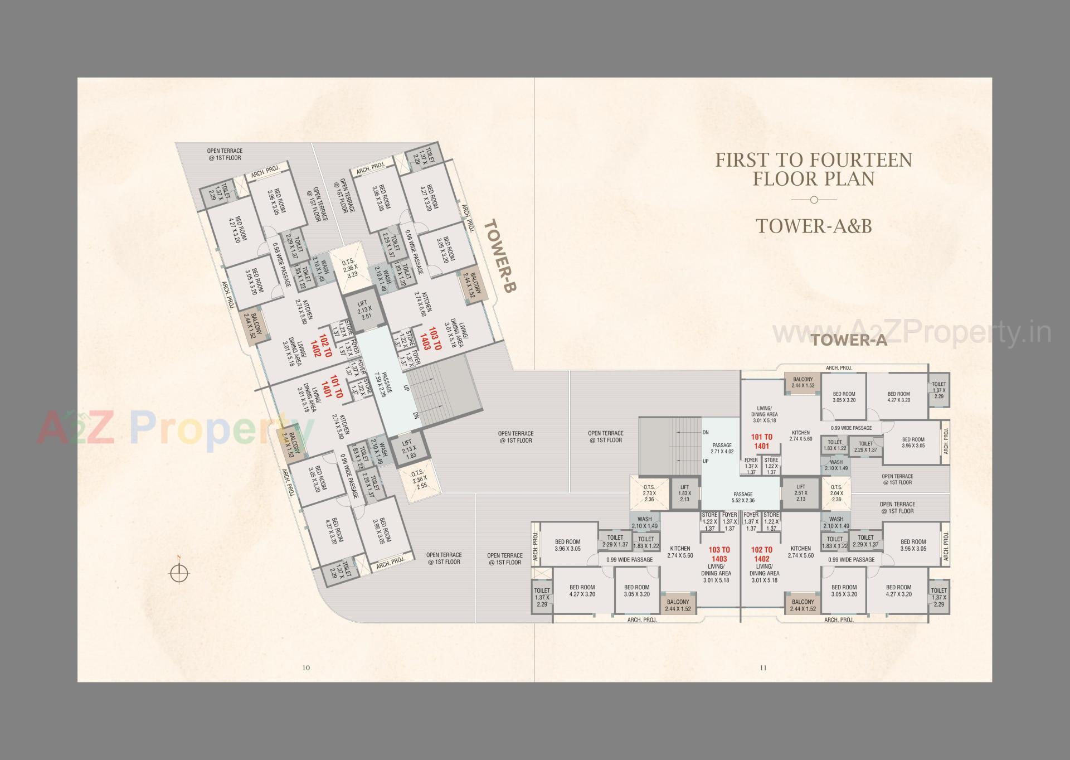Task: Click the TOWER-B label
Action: click(x=500, y=256)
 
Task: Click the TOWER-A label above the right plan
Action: click(x=849, y=340)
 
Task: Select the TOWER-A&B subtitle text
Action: click(x=814, y=226)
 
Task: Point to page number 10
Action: click(x=305, y=667)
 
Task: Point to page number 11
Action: click(x=763, y=667)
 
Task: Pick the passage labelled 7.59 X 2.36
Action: click(x=384, y=384)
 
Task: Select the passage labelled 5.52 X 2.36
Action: click(x=743, y=497)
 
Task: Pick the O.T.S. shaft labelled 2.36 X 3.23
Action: click(x=352, y=267)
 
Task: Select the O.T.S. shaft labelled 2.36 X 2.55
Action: click(x=419, y=479)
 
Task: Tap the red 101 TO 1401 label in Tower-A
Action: click(x=761, y=442)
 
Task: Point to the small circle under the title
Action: click(x=814, y=200)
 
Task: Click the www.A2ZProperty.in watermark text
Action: click(x=912, y=333)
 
